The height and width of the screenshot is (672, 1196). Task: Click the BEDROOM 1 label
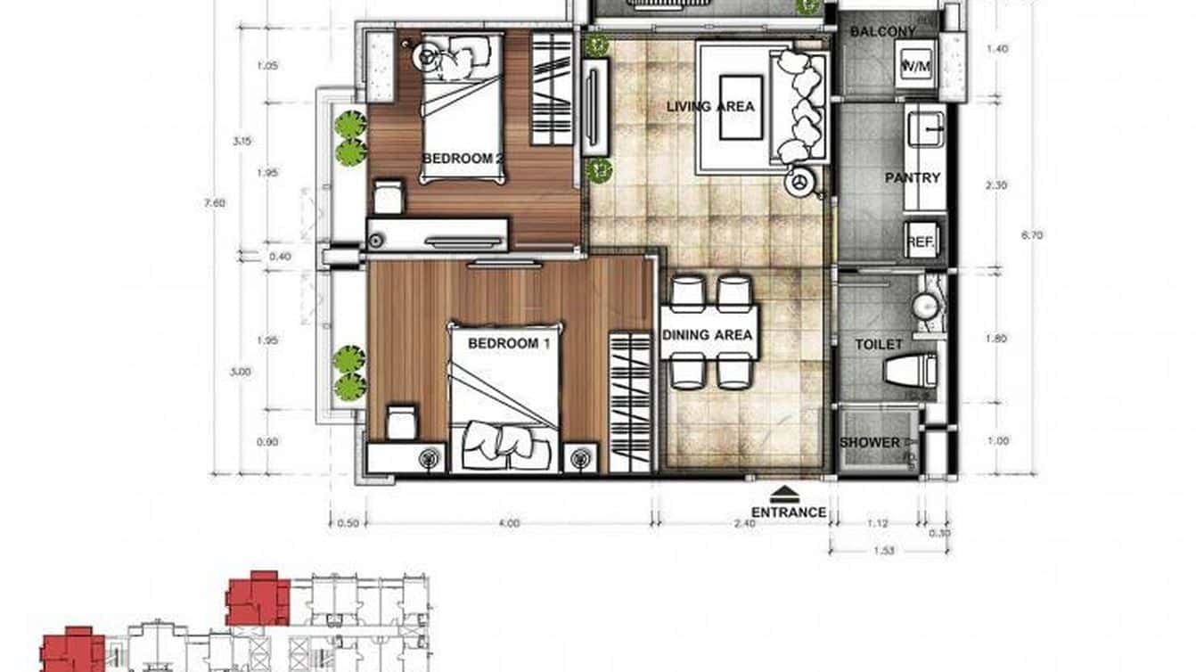pyautogui.click(x=503, y=343)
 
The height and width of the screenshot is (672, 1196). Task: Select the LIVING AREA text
pyautogui.click(x=710, y=107)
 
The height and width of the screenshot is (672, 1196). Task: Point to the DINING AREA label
pyautogui.click(x=708, y=336)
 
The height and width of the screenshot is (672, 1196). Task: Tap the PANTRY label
pyautogui.click(x=913, y=178)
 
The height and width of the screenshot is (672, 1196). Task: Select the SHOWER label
pyautogui.click(x=870, y=443)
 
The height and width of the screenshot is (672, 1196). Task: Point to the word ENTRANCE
pyautogui.click(x=789, y=512)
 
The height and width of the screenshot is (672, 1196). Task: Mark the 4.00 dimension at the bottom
pyautogui.click(x=508, y=524)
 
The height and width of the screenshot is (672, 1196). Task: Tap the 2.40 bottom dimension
pyautogui.click(x=743, y=524)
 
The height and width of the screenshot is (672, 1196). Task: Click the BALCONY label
pyautogui.click(x=882, y=32)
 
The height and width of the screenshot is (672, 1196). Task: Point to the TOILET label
pyautogui.click(x=879, y=344)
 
